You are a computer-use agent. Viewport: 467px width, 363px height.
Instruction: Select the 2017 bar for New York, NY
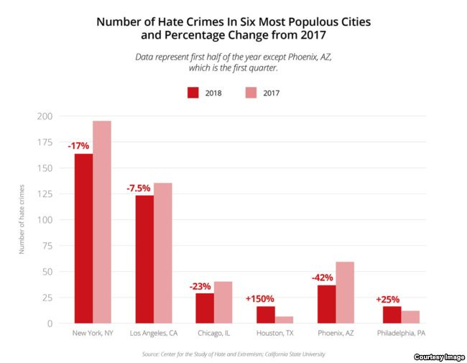[x=102, y=222]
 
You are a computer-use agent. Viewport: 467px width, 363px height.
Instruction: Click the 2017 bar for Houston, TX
[x=285, y=319]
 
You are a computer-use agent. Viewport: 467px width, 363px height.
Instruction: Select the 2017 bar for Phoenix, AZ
[x=345, y=292]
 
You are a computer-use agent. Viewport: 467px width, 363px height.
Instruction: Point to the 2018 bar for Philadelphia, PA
[x=392, y=314]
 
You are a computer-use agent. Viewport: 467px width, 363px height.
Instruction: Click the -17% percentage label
[x=78, y=145]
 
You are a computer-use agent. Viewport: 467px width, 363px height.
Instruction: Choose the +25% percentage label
[x=388, y=298]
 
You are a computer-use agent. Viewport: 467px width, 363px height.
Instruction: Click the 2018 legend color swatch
[x=193, y=92]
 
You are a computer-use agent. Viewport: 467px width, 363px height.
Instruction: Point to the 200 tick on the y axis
[x=45, y=116]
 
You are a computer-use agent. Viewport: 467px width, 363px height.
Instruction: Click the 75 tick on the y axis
[x=47, y=246]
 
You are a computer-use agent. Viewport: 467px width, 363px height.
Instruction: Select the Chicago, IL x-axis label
[x=214, y=334]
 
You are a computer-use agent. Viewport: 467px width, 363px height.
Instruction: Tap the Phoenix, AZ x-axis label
[x=336, y=334]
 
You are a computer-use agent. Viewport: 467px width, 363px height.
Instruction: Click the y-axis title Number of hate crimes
[x=22, y=219]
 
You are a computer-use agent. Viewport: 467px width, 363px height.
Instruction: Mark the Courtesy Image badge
[x=439, y=357]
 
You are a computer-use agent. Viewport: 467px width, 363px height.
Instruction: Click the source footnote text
[x=233, y=354]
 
